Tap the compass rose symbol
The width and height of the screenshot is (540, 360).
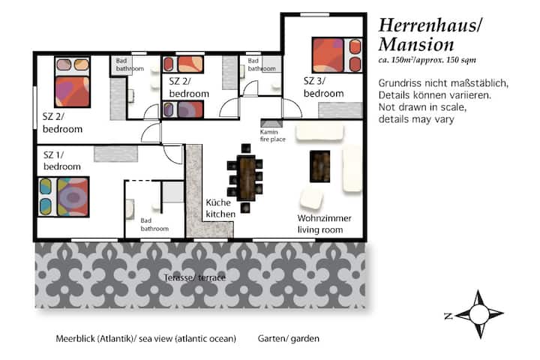478,313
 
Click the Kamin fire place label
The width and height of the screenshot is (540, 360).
272,136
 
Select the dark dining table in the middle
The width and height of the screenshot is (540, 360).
247,178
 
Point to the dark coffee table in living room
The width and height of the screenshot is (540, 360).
320,166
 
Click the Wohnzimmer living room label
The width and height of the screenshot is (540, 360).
324,224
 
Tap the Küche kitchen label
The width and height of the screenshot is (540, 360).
220,208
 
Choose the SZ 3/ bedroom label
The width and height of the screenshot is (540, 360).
323,87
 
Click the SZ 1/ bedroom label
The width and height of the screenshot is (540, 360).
62,160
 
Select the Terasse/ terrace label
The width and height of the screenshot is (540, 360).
195,277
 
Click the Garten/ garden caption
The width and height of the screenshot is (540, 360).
288,339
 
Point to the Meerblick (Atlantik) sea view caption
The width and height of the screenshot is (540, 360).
146,339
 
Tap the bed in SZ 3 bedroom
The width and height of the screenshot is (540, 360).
337,55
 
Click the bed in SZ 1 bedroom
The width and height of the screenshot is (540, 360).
64,196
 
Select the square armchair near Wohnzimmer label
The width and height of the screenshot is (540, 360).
311,198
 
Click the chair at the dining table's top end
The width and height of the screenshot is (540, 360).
246,148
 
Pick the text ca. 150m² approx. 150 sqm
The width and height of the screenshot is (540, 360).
427,59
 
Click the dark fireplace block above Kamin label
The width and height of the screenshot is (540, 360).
271,123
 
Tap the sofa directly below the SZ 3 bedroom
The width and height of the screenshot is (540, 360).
319,133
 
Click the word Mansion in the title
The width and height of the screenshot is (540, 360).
416,45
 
